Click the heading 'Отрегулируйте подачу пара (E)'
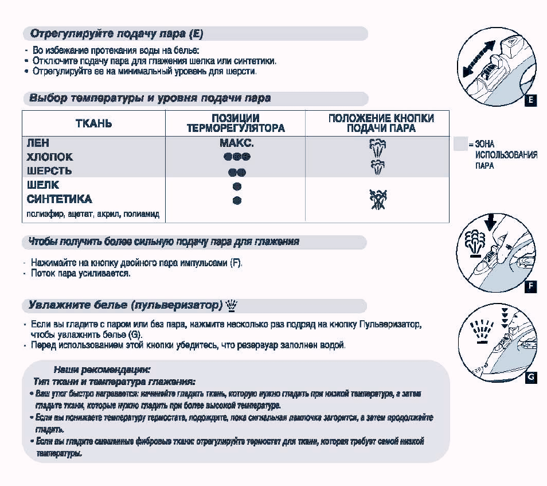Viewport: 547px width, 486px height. (x=116, y=33)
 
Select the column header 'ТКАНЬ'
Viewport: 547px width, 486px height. (x=94, y=123)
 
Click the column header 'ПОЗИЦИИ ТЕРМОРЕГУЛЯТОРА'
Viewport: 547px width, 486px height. (x=236, y=123)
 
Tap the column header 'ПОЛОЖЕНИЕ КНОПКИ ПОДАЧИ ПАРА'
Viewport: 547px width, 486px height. (x=381, y=123)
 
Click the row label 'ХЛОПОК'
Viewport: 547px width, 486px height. (x=50, y=157)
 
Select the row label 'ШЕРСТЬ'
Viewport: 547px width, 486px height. (x=49, y=171)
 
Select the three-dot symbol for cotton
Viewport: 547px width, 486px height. (x=237, y=157)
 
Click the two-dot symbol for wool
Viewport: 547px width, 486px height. (x=237, y=172)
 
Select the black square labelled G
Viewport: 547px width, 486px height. (x=531, y=377)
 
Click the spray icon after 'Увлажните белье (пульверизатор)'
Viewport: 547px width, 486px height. (x=232, y=305)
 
